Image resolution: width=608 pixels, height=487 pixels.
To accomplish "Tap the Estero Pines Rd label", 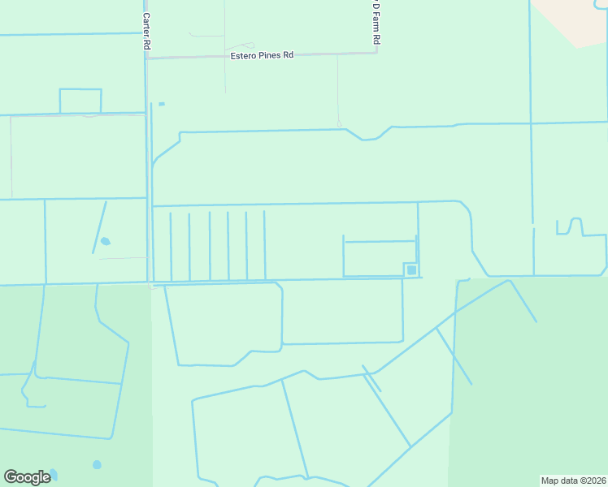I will coord(260,55).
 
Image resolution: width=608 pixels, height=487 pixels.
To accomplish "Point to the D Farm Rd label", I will coord(376,24).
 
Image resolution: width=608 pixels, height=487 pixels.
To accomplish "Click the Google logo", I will coord(27,477).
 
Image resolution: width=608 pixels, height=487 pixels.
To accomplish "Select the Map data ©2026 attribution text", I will coord(574,481).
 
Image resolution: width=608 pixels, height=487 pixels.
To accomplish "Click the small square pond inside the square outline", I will coord(411,269).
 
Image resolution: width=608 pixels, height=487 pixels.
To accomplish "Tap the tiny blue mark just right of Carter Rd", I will coord(161,104).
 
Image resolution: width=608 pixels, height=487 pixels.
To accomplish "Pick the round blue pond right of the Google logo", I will coord(97,464).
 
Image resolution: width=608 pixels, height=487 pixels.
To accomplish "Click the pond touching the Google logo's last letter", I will coord(53,473).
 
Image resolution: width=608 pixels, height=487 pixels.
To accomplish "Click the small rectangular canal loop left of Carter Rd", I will coord(80,101).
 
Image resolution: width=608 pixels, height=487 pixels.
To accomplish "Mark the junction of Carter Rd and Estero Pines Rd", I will coord(146,58).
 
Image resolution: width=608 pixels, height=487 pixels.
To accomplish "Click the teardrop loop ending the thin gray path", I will coord(339,123).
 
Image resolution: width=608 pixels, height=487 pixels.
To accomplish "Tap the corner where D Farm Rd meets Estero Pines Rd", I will coord(377,53).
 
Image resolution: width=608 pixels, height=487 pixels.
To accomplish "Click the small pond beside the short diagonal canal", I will coord(104,241).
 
